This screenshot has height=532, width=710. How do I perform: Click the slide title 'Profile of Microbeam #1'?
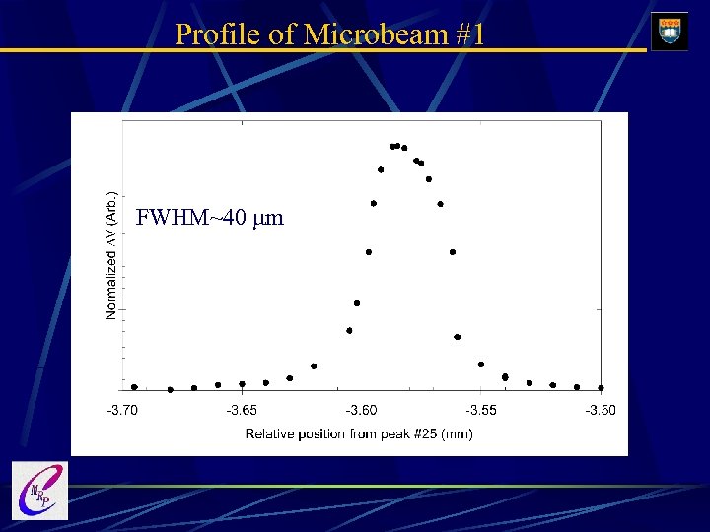[x=329, y=34]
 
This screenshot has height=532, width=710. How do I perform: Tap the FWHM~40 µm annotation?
[x=209, y=218]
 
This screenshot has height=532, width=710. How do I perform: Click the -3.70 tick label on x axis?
[x=122, y=410]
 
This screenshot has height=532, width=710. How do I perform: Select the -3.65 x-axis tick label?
[x=242, y=410]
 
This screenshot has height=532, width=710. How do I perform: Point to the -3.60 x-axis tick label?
[x=361, y=410]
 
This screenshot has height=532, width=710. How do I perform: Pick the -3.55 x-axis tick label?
[x=481, y=410]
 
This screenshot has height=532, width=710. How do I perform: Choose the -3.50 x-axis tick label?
[x=600, y=410]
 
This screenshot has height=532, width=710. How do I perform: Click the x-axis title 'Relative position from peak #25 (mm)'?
[x=359, y=433]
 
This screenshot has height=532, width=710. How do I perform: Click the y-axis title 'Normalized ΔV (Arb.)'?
[x=111, y=255]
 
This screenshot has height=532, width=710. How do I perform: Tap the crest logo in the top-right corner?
[x=671, y=31]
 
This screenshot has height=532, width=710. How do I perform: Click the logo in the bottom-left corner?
[x=39, y=491]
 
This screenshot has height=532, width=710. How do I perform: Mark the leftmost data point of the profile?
[x=134, y=387]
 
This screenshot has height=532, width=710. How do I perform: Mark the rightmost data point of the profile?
[x=601, y=387]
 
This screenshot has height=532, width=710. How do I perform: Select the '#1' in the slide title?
[x=469, y=34]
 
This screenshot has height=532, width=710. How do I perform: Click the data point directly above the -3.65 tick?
[x=242, y=384]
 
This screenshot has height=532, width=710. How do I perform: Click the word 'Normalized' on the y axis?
[x=111, y=286]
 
